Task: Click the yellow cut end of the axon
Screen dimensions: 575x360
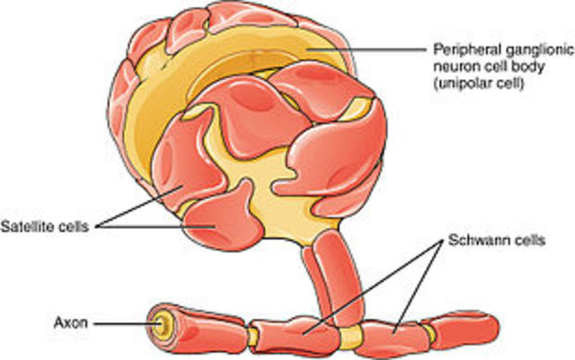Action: (x=161, y=319)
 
